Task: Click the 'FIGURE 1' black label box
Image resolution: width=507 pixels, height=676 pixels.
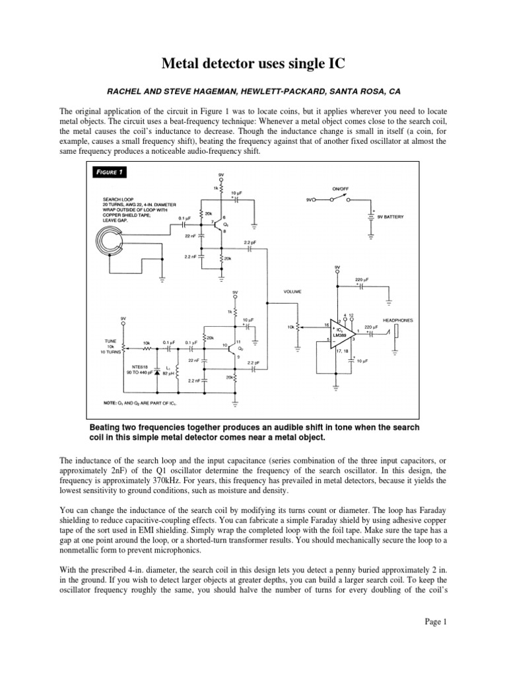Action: point(108,172)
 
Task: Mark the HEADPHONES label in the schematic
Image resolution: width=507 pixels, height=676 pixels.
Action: point(397,320)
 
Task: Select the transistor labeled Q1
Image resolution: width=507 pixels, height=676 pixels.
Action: point(222,224)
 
